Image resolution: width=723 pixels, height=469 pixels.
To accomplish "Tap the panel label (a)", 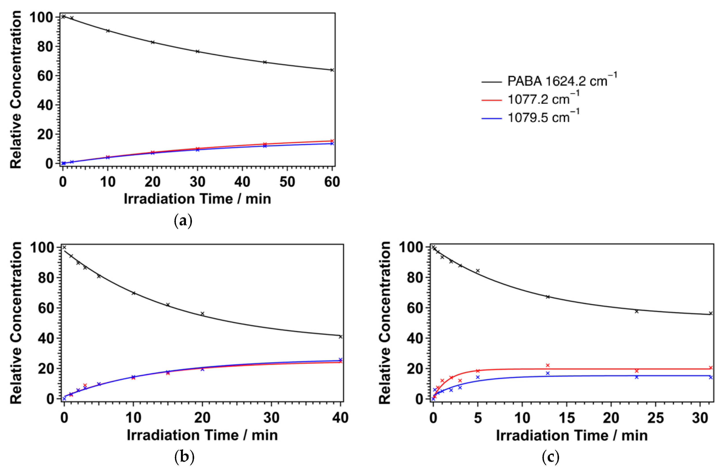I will [x=183, y=221].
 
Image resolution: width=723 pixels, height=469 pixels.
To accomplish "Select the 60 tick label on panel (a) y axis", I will [x=45, y=76].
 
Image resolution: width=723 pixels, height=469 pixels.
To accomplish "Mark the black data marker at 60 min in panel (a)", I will [x=332, y=70].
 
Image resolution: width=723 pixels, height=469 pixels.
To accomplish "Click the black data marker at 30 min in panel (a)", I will [x=197, y=51].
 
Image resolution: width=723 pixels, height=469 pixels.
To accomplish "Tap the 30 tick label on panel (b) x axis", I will [x=271, y=418].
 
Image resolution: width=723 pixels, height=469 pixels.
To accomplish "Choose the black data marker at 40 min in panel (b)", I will [x=340, y=337].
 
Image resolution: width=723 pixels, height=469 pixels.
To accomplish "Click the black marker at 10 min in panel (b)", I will [x=133, y=293].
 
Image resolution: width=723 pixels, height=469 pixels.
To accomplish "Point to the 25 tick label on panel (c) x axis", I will [x=655, y=418].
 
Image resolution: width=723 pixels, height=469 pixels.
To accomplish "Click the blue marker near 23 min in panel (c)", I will [x=637, y=377].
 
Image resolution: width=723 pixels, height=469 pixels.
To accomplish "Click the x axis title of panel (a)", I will [x=197, y=199].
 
